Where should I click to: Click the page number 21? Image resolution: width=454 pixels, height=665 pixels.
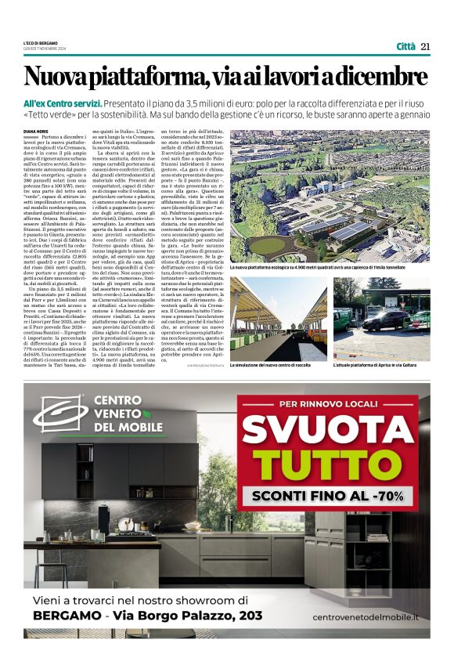425,46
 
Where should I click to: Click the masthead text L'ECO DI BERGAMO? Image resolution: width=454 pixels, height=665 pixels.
41,43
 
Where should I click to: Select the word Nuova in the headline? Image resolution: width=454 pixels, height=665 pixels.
54,77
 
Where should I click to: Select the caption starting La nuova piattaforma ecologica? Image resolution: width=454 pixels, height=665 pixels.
329,268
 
